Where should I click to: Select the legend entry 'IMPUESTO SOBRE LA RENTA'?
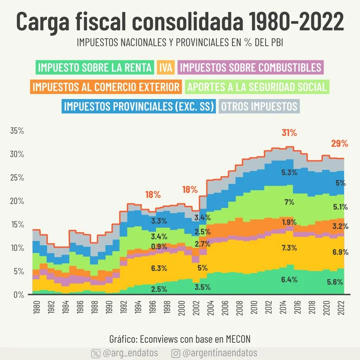94,67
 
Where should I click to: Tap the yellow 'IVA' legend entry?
165,67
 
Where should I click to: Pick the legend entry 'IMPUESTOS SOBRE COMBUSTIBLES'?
250,67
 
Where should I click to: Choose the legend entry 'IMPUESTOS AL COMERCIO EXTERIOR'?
105,87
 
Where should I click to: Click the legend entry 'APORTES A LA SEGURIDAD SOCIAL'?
256,87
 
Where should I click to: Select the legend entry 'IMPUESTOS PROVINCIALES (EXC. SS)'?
138,106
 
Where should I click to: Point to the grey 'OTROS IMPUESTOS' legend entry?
259,106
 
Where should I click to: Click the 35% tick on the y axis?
17,131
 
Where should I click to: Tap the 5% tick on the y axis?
19,271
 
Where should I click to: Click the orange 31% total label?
289,133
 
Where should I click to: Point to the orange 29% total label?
339,144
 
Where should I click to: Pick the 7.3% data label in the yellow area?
289,247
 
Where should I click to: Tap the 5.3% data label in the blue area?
289,172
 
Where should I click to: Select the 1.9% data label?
289,222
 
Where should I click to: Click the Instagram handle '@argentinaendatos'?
220,353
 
